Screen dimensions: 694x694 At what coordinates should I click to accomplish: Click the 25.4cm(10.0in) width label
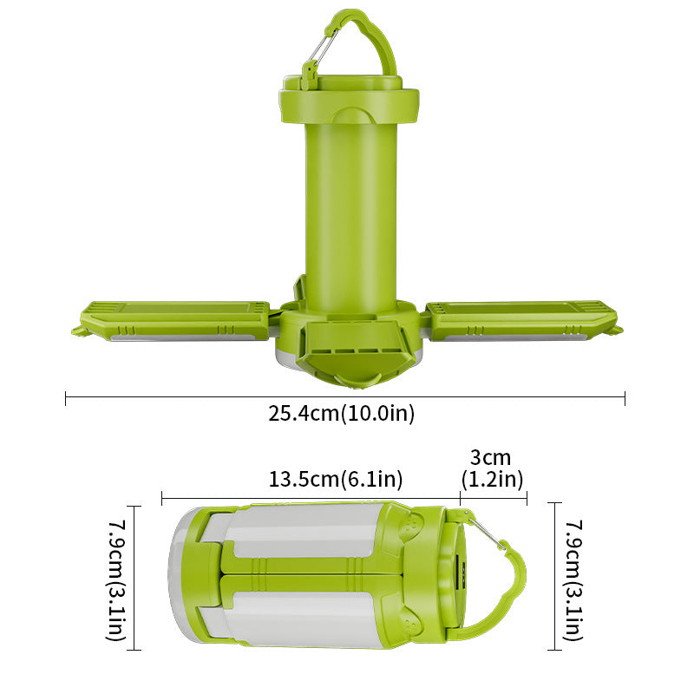coord(341,414)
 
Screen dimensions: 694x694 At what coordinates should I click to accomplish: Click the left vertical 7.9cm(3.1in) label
coord(116,579)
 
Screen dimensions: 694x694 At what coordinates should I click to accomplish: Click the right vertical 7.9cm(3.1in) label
coord(574,579)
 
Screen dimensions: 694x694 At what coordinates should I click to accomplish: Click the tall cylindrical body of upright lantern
coord(351,208)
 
